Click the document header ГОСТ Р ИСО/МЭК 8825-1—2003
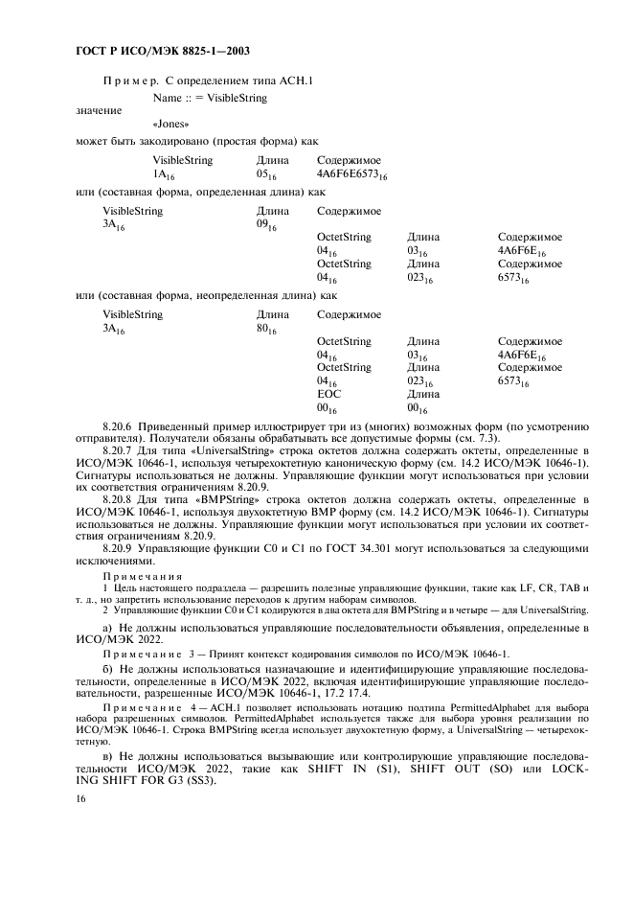point(151,49)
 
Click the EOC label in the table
point(328,394)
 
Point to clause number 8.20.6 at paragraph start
point(120,424)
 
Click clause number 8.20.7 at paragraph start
point(120,449)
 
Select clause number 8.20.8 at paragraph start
point(120,500)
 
